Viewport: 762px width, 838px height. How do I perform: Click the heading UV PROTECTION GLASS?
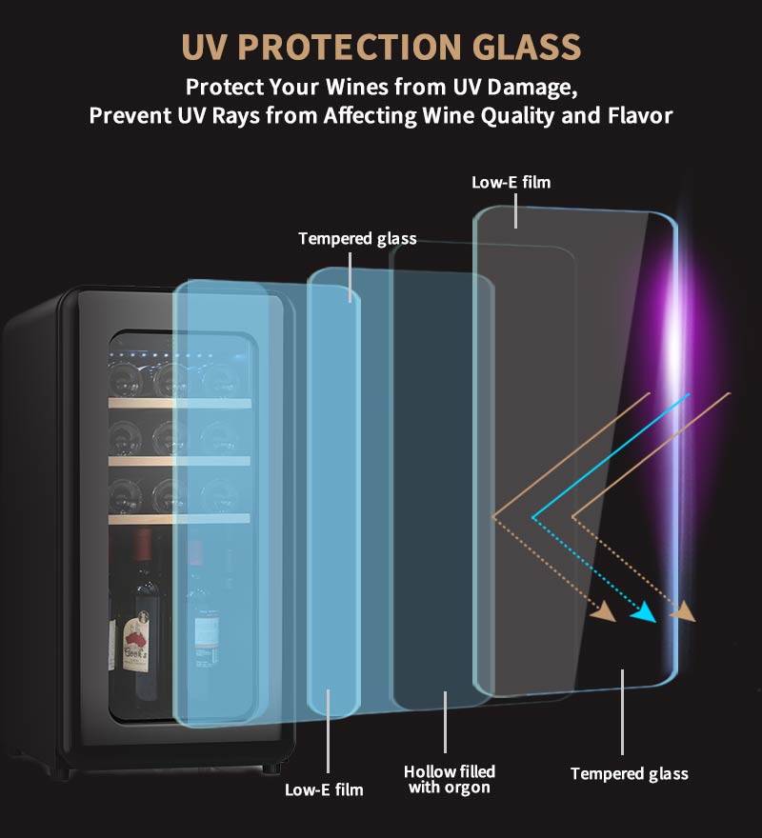(x=380, y=47)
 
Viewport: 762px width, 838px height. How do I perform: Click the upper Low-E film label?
(x=511, y=182)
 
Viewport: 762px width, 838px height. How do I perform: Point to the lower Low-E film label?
(x=324, y=789)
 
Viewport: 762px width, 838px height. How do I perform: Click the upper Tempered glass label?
(x=357, y=238)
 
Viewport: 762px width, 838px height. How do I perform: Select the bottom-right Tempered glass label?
(x=629, y=773)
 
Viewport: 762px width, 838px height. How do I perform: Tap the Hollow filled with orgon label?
(x=450, y=779)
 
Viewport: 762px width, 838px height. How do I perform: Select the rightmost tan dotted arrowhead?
(x=684, y=611)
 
